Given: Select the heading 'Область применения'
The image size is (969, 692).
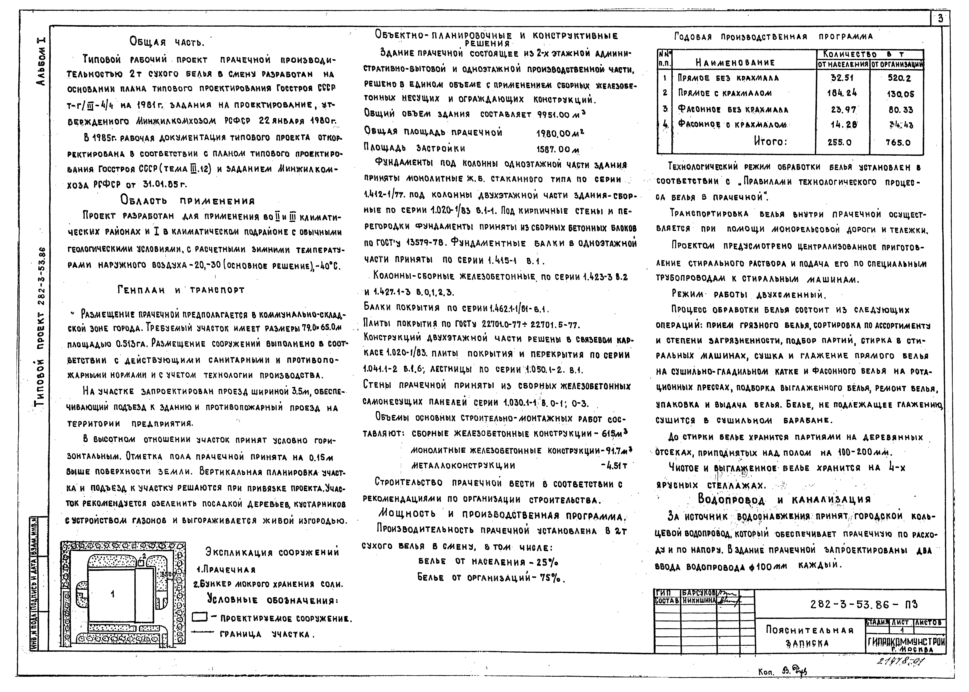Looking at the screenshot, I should point(188,200).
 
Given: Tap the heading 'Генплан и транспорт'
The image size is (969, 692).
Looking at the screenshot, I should point(181,290).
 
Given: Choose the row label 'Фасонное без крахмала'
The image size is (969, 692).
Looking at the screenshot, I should point(733,110).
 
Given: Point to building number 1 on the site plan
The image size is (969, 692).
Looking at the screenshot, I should point(113,594).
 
